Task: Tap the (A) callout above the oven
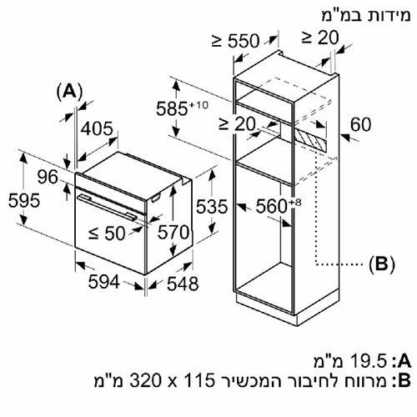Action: click(x=70, y=92)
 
